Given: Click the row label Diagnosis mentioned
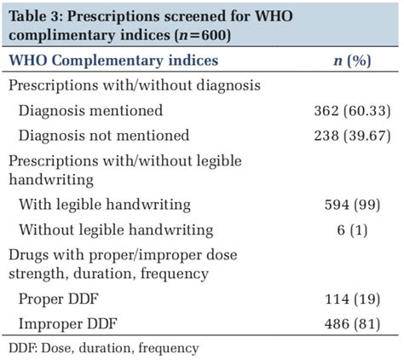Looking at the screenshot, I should tap(91, 110).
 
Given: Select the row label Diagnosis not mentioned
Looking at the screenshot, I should tap(104, 135).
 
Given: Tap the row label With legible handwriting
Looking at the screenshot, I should tap(105, 205).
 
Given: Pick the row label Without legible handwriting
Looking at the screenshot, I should tap(116, 229).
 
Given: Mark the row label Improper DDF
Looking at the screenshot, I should tap(67, 324).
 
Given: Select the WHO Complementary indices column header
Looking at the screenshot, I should tap(113, 61).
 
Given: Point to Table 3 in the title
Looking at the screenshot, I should tap(40, 15).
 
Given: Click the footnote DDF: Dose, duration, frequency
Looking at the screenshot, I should tap(103, 348).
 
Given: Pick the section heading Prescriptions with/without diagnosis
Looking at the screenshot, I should tap(135, 85).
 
